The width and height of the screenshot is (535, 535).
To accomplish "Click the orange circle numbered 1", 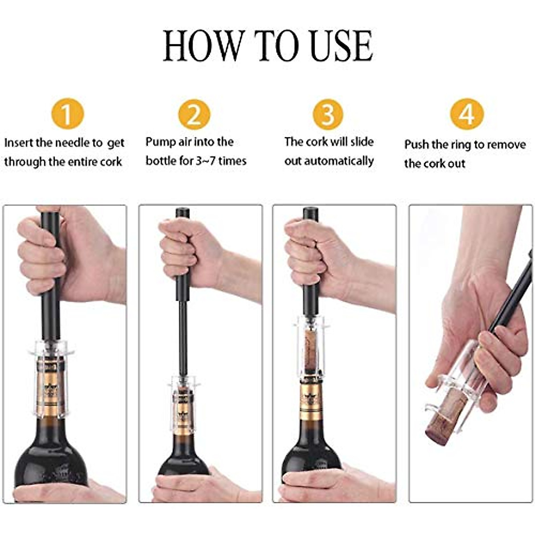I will coord(67,114).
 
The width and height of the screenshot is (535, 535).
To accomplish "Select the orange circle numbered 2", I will coord(194,114).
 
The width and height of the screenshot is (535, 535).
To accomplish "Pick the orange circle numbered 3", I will coord(328,114).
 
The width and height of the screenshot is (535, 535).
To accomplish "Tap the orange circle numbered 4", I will coord(467,114).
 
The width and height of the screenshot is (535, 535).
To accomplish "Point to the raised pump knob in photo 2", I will coord(183,213).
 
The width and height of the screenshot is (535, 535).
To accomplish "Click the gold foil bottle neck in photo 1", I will coord(50,392).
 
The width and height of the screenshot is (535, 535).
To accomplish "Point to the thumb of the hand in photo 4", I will coord(495,352).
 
